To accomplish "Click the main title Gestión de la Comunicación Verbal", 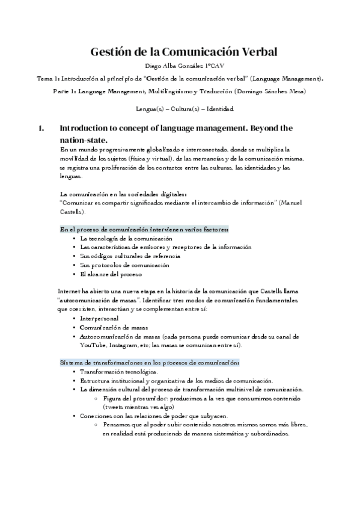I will click(x=184, y=52).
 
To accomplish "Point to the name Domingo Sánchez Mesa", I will click(x=269, y=91).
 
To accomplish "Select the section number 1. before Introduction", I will click(x=41, y=128).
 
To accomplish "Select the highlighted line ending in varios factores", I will click(x=143, y=230).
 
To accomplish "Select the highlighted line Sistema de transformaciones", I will click(x=149, y=363).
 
